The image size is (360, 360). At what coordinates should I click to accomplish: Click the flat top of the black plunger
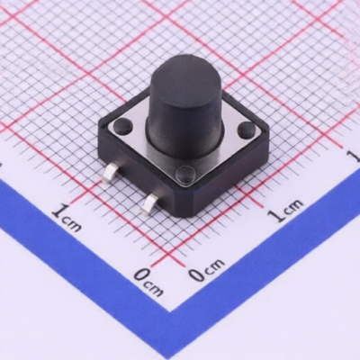(x=185, y=85)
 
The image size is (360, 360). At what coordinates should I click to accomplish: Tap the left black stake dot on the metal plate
(x=122, y=126)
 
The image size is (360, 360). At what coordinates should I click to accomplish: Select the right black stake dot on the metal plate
(x=247, y=130)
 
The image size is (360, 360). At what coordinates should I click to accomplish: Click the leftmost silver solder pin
(x=110, y=173)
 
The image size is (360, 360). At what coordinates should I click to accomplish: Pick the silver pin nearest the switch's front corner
(x=150, y=204)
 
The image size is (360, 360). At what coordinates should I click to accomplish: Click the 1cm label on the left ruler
(x=67, y=217)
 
